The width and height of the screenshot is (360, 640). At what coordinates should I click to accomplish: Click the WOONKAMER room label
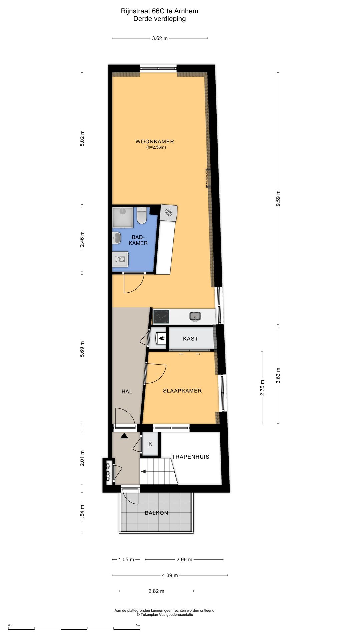coord(155,141)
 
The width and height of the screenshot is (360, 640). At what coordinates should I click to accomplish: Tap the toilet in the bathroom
coord(142,216)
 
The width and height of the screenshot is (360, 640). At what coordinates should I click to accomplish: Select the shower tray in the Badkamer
coord(123,217)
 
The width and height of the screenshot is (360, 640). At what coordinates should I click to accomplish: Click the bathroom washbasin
coord(116,238)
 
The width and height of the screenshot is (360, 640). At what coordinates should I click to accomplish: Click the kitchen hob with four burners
coord(161,317)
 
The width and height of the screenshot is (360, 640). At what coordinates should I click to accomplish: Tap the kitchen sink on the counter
coord(195,316)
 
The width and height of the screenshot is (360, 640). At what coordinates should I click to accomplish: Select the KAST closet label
coord(190,339)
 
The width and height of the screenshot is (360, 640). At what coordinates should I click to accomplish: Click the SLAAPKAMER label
coord(182,391)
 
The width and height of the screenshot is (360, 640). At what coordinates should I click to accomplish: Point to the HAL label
coord(127,392)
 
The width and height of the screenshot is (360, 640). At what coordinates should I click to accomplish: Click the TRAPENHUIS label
coord(191,457)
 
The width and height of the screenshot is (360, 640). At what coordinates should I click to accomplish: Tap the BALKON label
coord(156,513)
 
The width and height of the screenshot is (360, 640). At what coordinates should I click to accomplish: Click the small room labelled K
coord(150,444)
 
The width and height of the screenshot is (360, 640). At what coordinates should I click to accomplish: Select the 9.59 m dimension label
coord(278,198)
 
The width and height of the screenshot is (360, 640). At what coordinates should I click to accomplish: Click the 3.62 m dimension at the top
coord(160,38)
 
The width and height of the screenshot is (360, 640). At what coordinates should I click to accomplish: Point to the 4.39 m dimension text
coord(170,575)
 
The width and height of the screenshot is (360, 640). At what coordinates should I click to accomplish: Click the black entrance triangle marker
coord(124,435)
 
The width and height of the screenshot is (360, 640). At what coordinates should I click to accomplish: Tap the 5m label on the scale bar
coord(138,625)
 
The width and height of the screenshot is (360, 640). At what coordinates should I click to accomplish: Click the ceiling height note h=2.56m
coord(156,147)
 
